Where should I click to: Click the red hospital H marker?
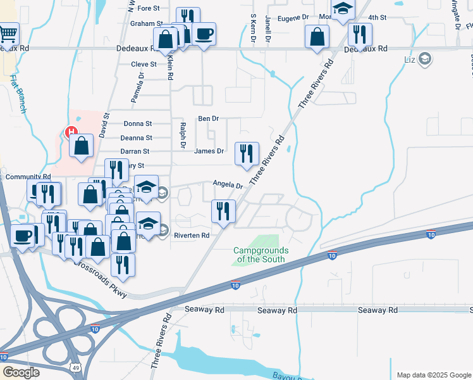point(72,133)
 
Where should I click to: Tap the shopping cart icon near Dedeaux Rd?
point(9,34)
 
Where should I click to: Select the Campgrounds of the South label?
point(261,255)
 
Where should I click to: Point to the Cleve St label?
point(144,64)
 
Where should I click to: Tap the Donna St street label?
point(138,123)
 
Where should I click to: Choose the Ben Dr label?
point(208,118)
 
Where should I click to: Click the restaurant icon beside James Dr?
point(246,153)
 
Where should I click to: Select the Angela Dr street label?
point(228,186)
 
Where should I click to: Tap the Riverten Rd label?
point(192,234)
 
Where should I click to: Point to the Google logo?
point(21,372)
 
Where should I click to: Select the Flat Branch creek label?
point(18,94)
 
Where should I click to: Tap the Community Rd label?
point(28,177)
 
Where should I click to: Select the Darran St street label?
point(135,151)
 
